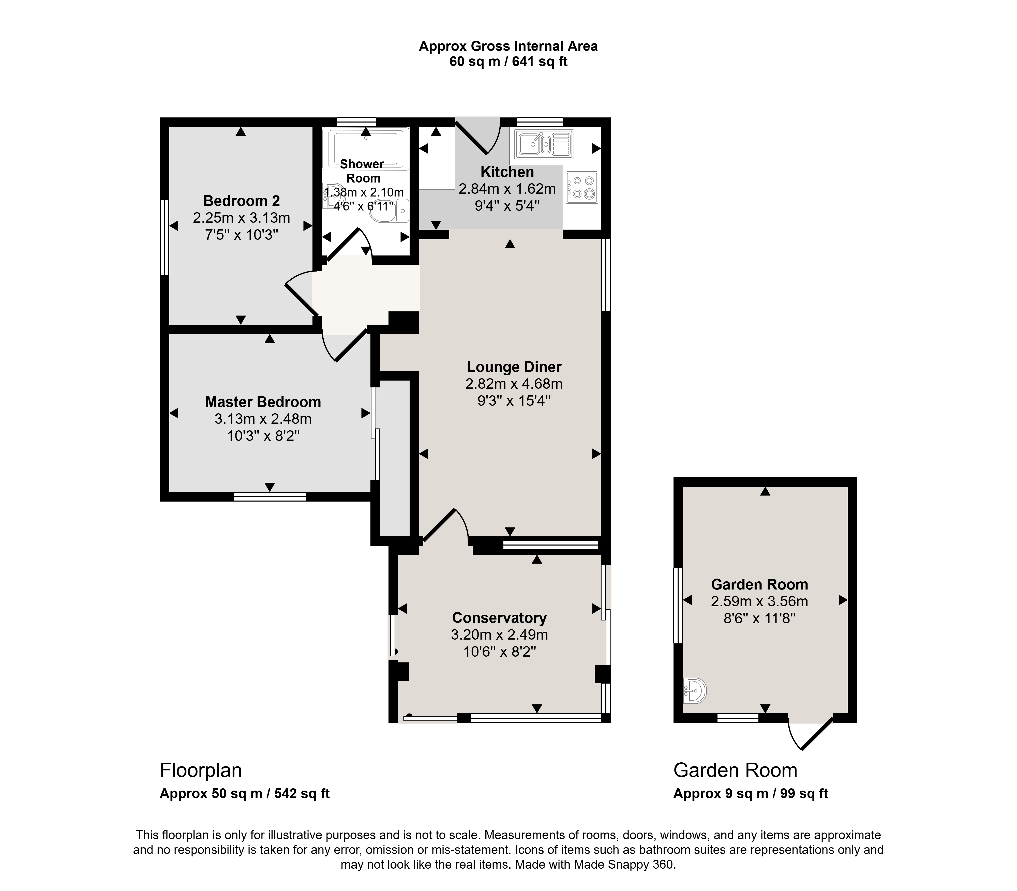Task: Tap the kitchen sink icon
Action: (x=544, y=144)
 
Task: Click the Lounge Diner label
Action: (x=514, y=367)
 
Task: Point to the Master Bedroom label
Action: (x=263, y=402)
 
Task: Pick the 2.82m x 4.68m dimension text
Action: (x=514, y=384)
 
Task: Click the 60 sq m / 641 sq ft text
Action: (x=508, y=62)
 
